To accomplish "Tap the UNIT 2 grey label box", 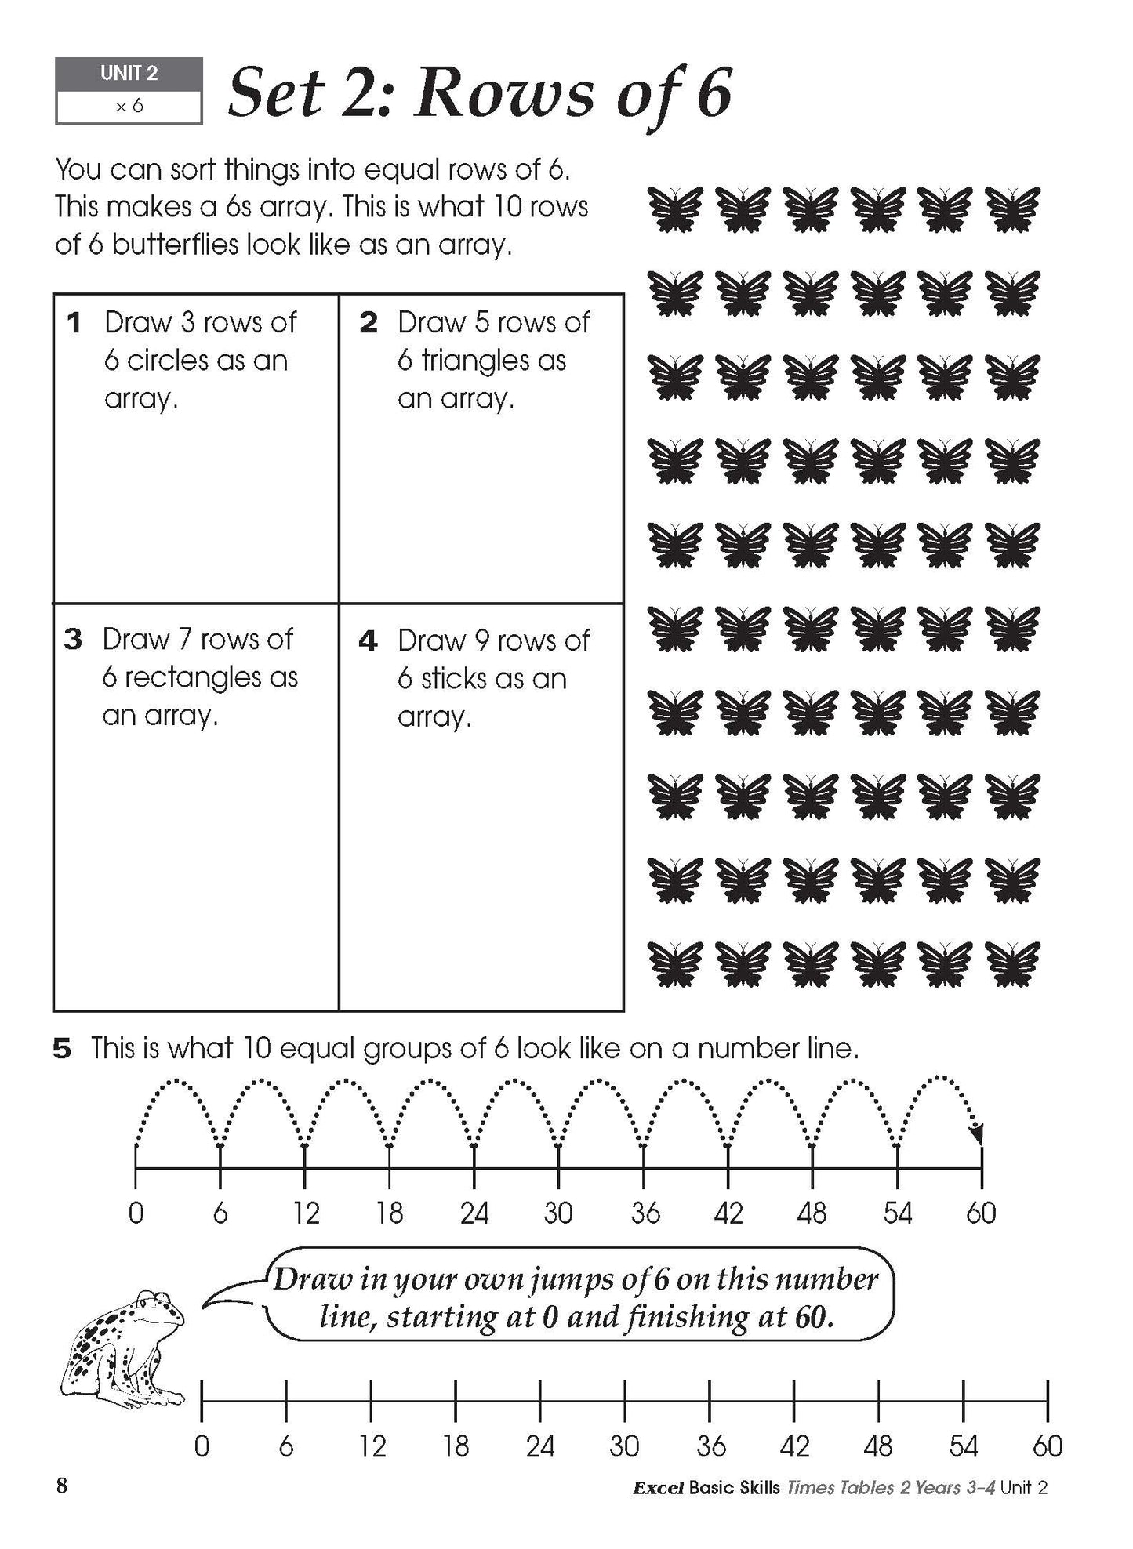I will pos(129,74).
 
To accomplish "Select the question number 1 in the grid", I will pos(74,322).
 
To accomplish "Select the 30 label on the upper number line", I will pos(558,1213).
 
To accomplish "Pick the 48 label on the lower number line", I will pos(878,1446).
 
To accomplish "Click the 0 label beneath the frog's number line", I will pos(202,1446).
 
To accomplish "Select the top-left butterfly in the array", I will pos(675,209).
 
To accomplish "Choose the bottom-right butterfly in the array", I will pos(1012,963).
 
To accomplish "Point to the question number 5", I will pos(62,1049).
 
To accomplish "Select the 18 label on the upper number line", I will pos(389,1213).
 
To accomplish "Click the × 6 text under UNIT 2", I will pos(129,107).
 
